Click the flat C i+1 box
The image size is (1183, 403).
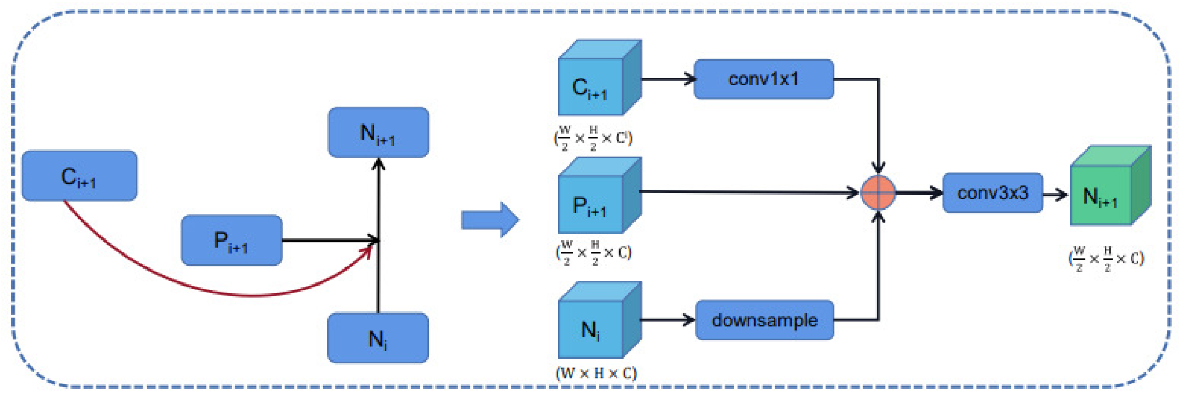(80, 176)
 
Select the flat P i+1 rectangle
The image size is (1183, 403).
(232, 241)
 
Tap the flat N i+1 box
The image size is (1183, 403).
(379, 132)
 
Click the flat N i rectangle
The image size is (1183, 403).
(378, 338)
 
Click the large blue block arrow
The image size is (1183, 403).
(490, 220)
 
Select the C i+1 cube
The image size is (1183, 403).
(600, 78)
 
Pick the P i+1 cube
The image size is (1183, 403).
(600, 196)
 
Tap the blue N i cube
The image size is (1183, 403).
(600, 320)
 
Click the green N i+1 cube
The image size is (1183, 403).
(1111, 185)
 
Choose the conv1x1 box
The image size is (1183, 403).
(764, 79)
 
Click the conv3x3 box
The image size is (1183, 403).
(992, 193)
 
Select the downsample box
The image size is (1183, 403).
(764, 320)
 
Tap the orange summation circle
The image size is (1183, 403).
(878, 193)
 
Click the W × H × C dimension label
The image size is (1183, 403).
(596, 373)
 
